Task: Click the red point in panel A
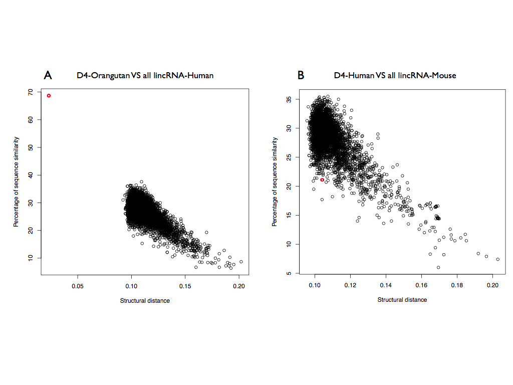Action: click(49, 95)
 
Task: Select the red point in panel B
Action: click(322, 179)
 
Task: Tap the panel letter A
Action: click(48, 75)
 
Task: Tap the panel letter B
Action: click(301, 75)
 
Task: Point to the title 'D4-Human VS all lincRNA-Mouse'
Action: click(395, 76)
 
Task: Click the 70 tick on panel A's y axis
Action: click(31, 92)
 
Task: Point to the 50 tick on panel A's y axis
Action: click(31, 147)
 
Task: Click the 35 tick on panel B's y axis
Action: click(288, 100)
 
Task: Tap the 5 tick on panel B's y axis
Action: click(288, 274)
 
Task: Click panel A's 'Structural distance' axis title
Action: click(145, 301)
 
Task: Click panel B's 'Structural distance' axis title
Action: click(402, 300)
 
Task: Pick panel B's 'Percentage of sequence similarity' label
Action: click(275, 181)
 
